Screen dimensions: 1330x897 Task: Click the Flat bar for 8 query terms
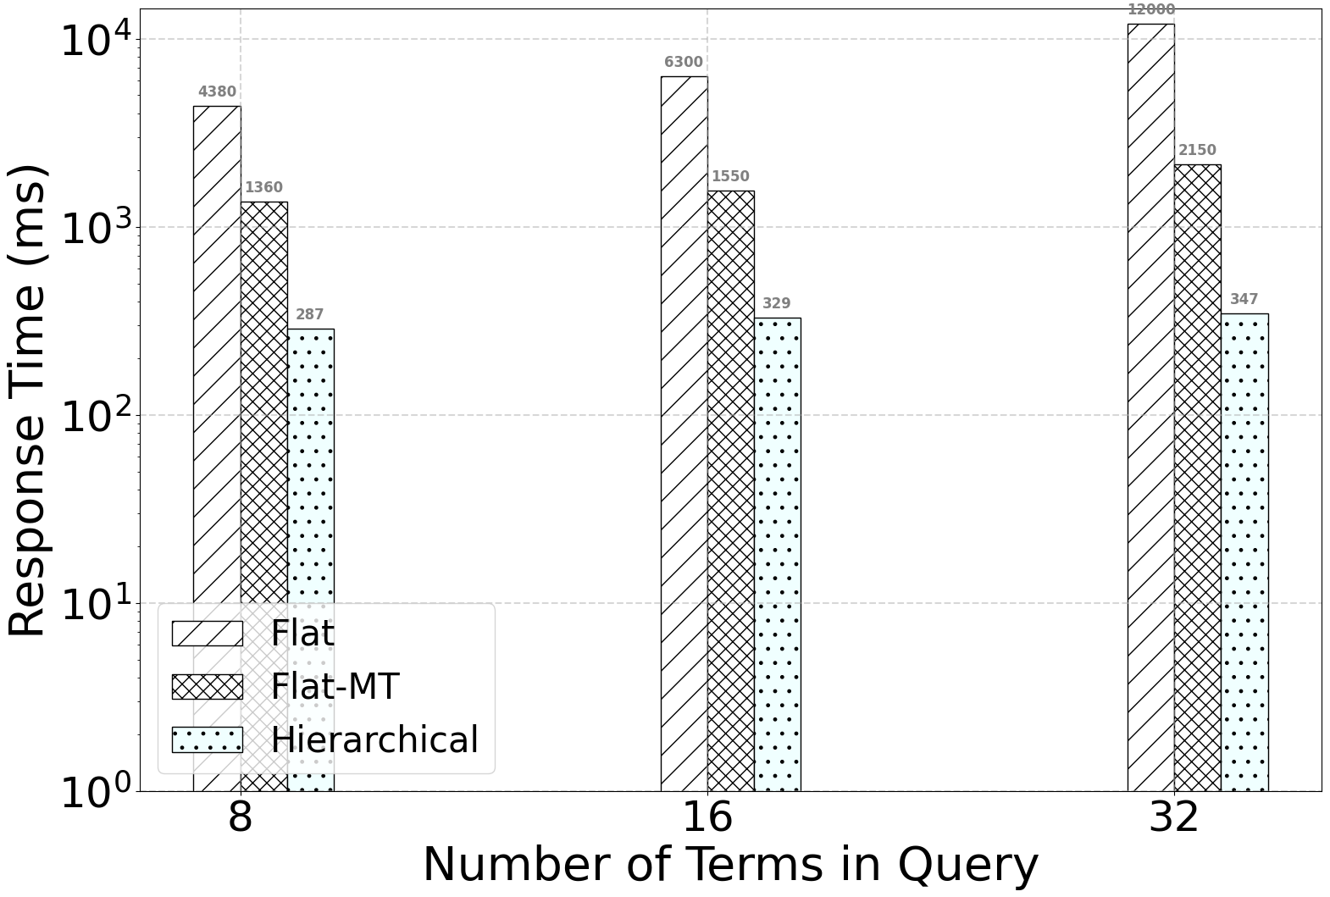pos(218,449)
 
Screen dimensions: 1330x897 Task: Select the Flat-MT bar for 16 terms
pos(731,491)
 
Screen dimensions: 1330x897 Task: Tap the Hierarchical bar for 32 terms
pos(1244,553)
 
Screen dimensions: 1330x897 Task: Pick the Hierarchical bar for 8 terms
pos(311,560)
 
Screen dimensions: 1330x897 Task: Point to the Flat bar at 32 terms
pos(1151,407)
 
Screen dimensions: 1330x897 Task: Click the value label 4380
pos(218,92)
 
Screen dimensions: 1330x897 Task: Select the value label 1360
pos(264,187)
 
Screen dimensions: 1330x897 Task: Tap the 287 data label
pos(310,314)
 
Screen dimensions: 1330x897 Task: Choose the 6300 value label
pos(684,63)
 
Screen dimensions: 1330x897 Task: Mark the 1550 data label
pos(730,176)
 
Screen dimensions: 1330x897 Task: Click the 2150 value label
pos(1198,150)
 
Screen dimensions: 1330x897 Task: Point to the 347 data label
pos(1244,299)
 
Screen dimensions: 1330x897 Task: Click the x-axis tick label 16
pos(707,818)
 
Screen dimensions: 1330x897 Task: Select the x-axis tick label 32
pos(1174,818)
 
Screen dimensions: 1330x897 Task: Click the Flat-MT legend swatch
pos(208,687)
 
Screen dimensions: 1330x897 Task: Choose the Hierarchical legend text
pos(374,739)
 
